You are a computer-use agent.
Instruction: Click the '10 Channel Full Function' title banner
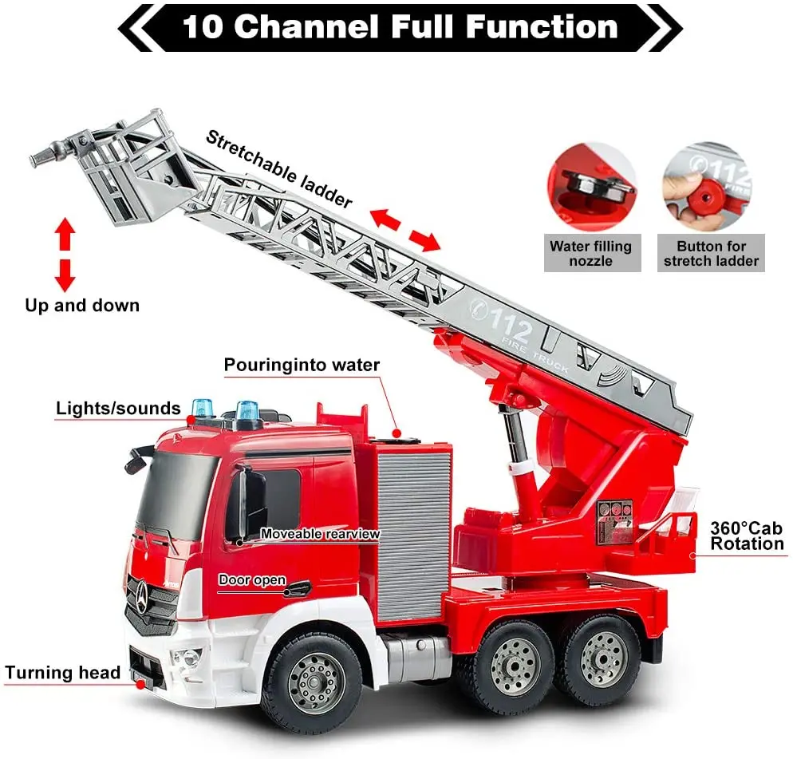click(400, 27)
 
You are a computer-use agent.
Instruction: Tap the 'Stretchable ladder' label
click(278, 168)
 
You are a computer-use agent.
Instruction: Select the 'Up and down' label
click(82, 305)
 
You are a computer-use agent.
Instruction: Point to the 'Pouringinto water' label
click(302, 366)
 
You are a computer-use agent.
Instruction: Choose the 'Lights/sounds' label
click(118, 409)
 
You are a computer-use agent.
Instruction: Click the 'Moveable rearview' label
click(320, 534)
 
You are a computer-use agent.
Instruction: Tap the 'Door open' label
click(252, 580)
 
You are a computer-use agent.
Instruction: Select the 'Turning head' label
click(63, 672)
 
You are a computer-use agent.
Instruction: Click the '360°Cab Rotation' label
click(747, 536)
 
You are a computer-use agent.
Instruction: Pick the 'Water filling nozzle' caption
click(590, 253)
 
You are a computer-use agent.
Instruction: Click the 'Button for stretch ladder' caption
click(712, 253)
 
